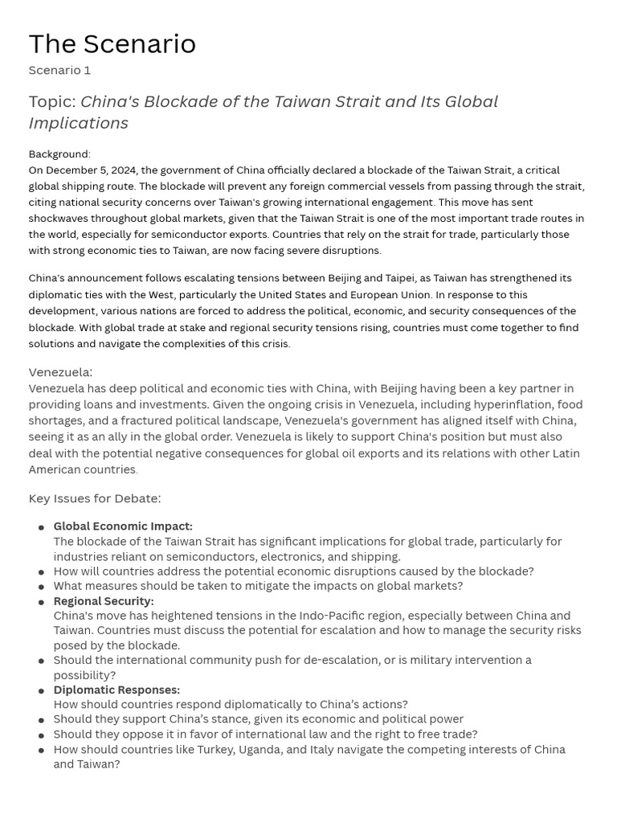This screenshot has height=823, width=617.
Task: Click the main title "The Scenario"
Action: (x=112, y=44)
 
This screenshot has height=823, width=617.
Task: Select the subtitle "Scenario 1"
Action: (x=59, y=70)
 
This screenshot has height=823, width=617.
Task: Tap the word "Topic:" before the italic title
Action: (x=52, y=102)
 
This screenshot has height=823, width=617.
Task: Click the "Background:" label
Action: (x=59, y=154)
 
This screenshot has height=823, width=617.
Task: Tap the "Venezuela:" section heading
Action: (x=60, y=372)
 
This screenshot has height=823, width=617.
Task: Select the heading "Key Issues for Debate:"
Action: (x=95, y=498)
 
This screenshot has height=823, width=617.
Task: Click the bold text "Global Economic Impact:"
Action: (x=123, y=526)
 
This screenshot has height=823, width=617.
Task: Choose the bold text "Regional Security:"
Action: (x=104, y=601)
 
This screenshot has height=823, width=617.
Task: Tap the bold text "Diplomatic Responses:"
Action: (x=116, y=690)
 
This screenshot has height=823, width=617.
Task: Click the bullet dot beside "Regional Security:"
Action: (x=40, y=602)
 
